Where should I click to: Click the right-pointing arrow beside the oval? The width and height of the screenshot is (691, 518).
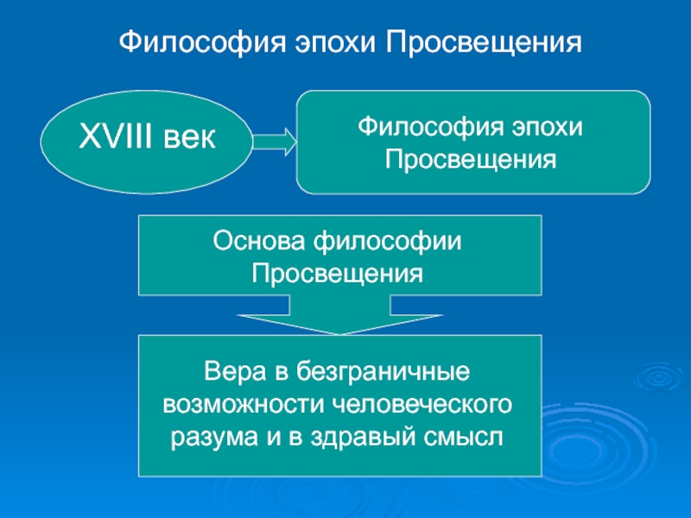tap(274, 141)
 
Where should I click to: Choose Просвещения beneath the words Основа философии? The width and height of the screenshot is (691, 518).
tap(338, 274)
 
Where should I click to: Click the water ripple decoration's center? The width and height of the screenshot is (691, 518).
tap(653, 381)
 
